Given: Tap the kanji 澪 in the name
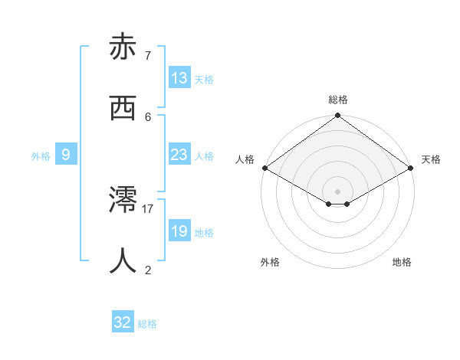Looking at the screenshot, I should point(123,201).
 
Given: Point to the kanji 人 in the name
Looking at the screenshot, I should point(123,261).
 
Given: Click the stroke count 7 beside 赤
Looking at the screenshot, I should point(148,56).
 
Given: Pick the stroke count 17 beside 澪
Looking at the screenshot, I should point(148,208).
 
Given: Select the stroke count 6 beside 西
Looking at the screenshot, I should point(148,116).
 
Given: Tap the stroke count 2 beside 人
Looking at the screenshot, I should point(148,270).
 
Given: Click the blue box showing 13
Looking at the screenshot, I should point(179,78).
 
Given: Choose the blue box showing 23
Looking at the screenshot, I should point(179,155).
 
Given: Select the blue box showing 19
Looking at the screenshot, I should point(179,231).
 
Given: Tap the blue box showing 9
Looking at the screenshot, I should point(66,155).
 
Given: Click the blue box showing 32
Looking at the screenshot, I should point(123,322).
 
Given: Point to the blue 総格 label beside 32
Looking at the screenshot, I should point(147,324).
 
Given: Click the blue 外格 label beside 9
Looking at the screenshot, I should point(41,156).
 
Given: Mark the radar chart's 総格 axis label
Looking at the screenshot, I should point(338,100).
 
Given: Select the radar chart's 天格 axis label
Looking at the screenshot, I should point(431,159).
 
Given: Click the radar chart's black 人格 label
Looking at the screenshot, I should point(245,159).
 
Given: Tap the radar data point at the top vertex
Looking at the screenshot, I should point(338,116).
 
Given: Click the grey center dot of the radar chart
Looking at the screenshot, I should point(338,191).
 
